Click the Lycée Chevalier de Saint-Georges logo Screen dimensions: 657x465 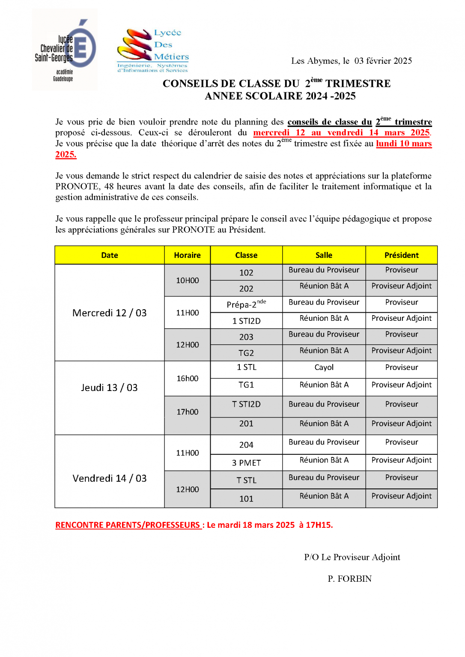click(65, 50)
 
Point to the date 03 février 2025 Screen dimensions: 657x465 click(383, 61)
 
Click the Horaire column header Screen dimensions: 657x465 click(187, 255)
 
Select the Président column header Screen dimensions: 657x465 click(401, 255)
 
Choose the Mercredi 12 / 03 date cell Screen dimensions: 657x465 click(110, 313)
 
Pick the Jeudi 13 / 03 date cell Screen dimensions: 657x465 click(110, 388)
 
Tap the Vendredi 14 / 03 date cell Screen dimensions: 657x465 click(110, 478)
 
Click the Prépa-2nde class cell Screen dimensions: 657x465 click(246, 304)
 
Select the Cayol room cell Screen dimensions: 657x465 click(324, 367)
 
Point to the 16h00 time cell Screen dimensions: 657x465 click(187, 379)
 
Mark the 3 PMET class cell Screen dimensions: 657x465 click(246, 463)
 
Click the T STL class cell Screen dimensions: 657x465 click(246, 480)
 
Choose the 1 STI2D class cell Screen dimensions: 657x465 click(246, 321)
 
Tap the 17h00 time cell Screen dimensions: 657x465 click(187, 412)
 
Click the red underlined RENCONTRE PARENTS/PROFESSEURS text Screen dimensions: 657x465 click(128, 525)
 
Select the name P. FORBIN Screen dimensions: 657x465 click(349, 579)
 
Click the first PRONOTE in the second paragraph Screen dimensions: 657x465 click(77, 186)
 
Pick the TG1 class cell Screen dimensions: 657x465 click(246, 385)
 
